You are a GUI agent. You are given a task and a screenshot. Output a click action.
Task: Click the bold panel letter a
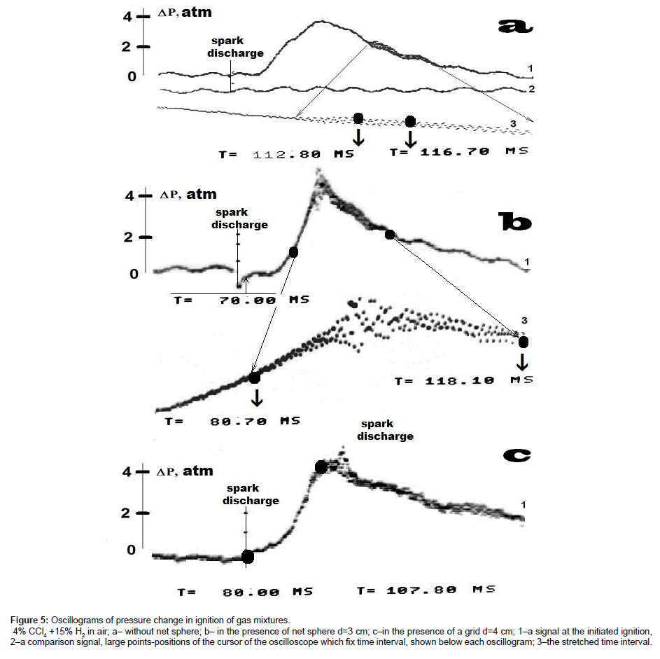515,27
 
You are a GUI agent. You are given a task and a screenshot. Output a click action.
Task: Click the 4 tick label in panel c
127,472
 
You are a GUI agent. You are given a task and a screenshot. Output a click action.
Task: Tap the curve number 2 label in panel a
532,89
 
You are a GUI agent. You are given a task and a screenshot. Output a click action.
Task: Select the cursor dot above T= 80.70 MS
255,377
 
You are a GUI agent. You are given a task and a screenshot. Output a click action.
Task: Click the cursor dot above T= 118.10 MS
524,341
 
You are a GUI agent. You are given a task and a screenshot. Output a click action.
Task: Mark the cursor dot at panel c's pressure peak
321,466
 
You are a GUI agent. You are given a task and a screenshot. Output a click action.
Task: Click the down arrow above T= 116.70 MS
411,139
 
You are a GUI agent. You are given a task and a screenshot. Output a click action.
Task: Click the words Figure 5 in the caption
29,620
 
